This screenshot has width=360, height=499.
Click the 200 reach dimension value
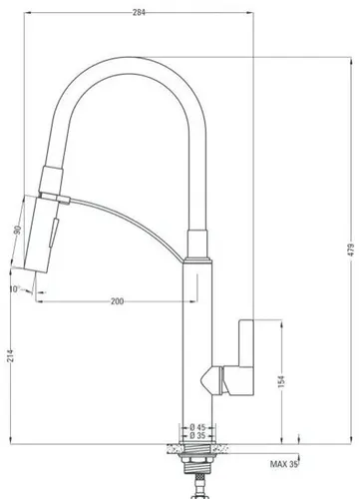(x=117, y=300)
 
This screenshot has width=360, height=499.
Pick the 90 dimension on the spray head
(x=17, y=232)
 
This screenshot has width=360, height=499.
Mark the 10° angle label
(x=12, y=290)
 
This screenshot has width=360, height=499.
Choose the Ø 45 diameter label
(x=199, y=426)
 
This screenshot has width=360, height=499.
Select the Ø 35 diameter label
(x=199, y=436)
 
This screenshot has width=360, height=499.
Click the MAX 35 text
(x=285, y=464)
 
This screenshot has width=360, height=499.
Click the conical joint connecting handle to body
(x=211, y=379)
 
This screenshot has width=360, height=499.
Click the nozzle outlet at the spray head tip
(x=36, y=267)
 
